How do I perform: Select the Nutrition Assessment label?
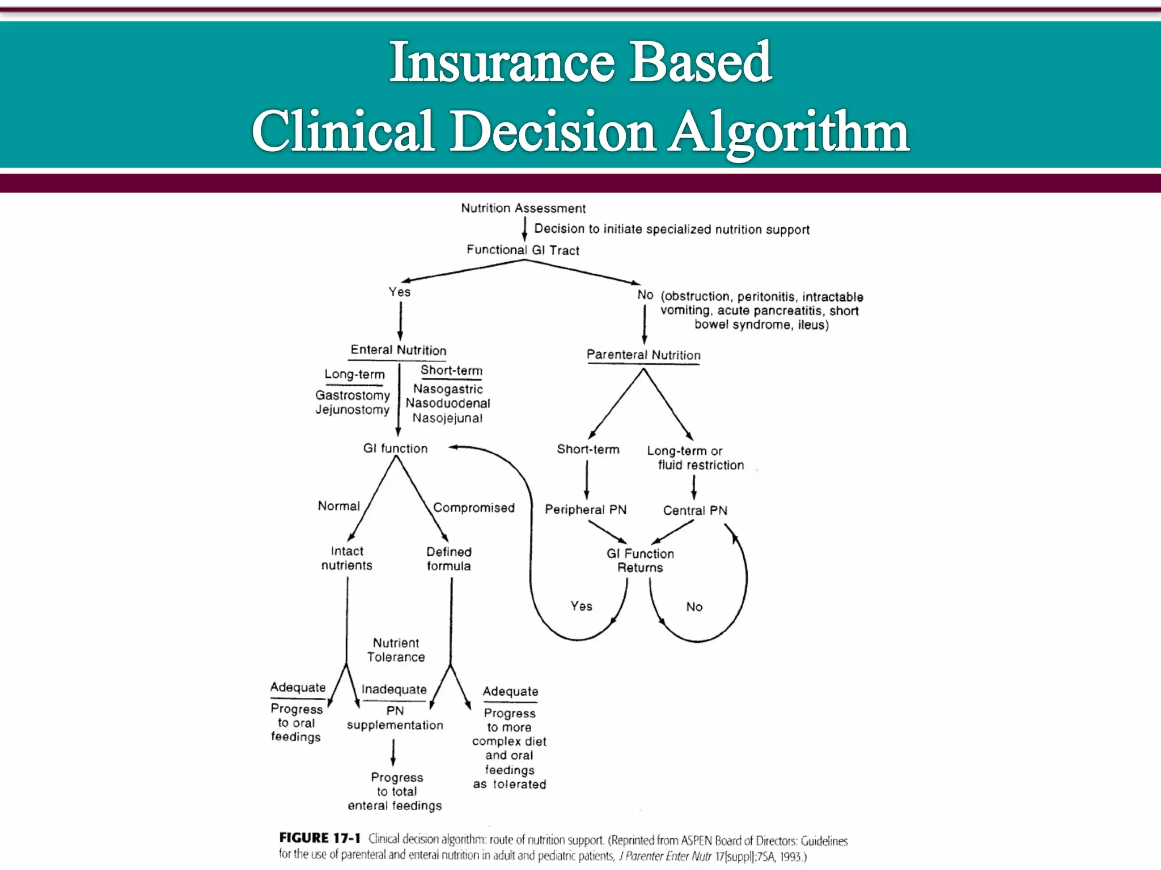[x=523, y=208]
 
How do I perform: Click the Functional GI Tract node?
[x=523, y=250]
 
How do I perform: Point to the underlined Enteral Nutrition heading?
[x=398, y=350]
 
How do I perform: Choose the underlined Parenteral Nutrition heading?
[x=643, y=355]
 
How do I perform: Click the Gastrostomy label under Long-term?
[x=353, y=395]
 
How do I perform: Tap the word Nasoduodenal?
[x=448, y=403]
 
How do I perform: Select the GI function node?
[x=395, y=449]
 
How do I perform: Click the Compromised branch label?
[x=474, y=508]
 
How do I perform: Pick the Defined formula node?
[x=448, y=558]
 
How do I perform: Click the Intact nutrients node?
[x=347, y=558]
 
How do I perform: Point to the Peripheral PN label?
[x=586, y=510]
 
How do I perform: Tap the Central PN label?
[x=695, y=510]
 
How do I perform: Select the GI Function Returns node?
[x=640, y=560]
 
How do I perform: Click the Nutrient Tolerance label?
[x=396, y=650]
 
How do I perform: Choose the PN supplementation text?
[x=395, y=718]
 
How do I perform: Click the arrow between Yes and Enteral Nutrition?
[x=400, y=321]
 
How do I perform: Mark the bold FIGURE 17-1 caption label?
[x=320, y=838]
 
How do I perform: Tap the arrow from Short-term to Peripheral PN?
[x=587, y=479]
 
